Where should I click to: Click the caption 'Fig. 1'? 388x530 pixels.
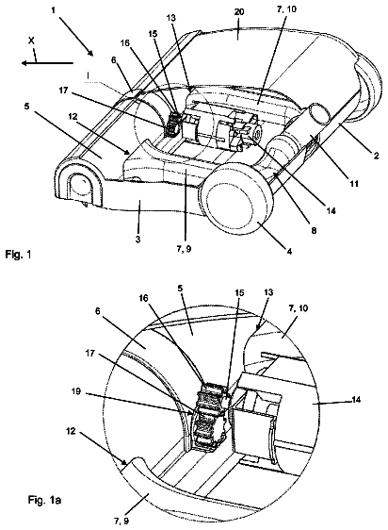(18, 254)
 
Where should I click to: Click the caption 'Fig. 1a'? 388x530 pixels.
(44, 500)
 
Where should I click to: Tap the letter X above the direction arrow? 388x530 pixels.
(31, 41)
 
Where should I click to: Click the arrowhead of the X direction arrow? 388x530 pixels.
(24, 63)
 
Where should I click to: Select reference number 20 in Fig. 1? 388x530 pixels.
(239, 12)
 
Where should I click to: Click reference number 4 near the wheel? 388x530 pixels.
(290, 252)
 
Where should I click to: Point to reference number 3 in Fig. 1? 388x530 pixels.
(137, 240)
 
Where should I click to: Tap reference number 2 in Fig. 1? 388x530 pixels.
(376, 156)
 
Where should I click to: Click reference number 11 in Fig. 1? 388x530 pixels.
(354, 184)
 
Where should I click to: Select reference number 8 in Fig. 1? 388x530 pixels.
(314, 230)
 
